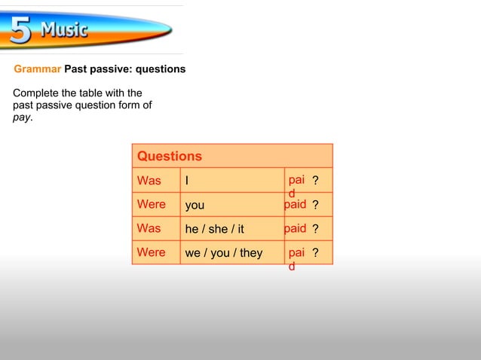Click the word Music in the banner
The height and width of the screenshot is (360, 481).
coord(64,31)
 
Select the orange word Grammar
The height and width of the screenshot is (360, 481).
coord(37,69)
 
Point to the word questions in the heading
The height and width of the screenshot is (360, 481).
coord(160,69)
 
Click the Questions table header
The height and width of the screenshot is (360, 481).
coord(170,156)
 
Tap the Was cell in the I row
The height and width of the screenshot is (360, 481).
coord(149,181)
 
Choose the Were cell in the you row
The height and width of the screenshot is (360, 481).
coord(151,204)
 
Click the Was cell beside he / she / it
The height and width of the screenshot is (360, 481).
coord(149,228)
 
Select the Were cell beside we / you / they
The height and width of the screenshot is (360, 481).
coord(151,252)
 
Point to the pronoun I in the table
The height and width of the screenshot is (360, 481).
coord(187,181)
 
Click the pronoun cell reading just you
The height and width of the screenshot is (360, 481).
coord(195,205)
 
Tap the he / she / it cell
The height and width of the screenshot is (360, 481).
coord(215,229)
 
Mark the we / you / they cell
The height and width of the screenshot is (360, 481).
coord(224,253)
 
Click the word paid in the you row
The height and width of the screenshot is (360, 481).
coord(296,204)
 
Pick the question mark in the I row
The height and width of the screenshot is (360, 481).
coord(316,181)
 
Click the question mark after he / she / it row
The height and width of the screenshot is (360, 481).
coord(316,229)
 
